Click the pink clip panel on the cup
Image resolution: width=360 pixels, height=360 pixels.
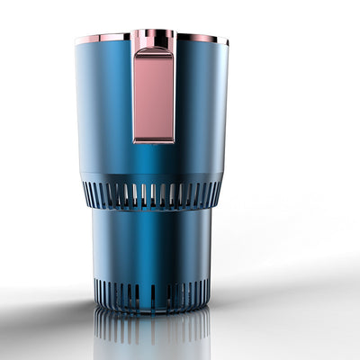[x=154, y=94]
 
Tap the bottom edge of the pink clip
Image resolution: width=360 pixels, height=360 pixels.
[x=154, y=140]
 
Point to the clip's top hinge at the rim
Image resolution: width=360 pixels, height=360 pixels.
[x=154, y=37]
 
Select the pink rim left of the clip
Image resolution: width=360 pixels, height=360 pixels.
[x=103, y=38]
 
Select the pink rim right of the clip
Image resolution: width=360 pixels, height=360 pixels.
[x=200, y=38]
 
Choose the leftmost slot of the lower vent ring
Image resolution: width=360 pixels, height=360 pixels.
[x=96, y=290]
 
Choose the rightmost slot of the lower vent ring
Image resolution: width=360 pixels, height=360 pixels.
[x=208, y=290]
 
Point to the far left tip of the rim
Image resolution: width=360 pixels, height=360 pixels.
[x=76, y=40]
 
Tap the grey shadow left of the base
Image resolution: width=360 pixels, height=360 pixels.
[x=54, y=310]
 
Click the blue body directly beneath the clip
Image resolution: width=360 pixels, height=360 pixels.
[x=154, y=162]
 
